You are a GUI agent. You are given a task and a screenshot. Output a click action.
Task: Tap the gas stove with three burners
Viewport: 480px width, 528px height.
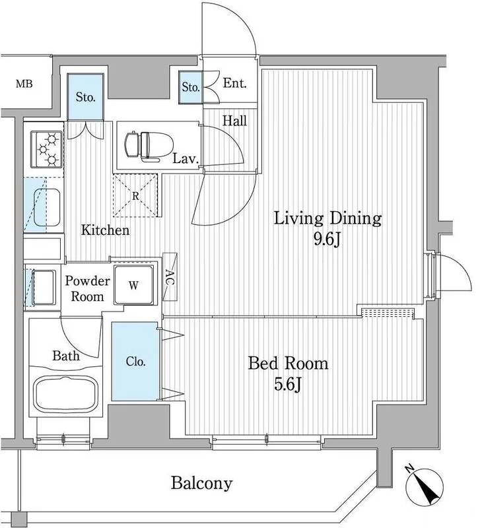coord(47,149)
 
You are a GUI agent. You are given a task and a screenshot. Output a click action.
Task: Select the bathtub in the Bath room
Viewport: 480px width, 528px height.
coord(66,394)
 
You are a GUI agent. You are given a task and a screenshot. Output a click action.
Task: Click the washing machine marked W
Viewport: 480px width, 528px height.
coord(134,285)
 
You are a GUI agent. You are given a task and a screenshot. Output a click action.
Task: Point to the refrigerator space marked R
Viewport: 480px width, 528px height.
coord(135,195)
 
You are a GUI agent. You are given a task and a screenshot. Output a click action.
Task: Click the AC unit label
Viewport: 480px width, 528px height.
coord(170,277)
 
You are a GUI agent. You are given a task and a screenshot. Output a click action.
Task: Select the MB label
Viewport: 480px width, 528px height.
coord(24,84)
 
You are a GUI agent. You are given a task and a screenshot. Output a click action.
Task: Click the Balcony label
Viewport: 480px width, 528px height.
coord(202,484)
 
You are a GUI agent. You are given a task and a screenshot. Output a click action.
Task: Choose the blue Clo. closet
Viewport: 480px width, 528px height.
coord(135,361)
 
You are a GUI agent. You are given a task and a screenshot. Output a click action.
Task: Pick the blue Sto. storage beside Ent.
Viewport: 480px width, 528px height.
coord(191,87)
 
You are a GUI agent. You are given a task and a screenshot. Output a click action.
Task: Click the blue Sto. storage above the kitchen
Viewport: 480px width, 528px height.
coord(85,96)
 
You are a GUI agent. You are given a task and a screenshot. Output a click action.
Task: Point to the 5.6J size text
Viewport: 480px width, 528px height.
coord(287,384)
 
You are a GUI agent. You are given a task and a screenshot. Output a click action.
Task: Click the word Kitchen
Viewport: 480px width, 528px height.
coord(106,230)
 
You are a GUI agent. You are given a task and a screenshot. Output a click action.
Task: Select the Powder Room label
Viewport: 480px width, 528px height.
coord(87,288)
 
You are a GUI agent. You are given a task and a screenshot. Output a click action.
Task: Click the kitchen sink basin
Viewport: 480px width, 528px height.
coord(47,207)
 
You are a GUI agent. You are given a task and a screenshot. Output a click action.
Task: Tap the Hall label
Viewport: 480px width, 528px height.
coord(234,121)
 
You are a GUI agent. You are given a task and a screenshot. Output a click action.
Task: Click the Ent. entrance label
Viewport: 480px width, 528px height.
coord(234,83)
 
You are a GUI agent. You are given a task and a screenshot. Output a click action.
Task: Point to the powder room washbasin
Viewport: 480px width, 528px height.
coord(43,286)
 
